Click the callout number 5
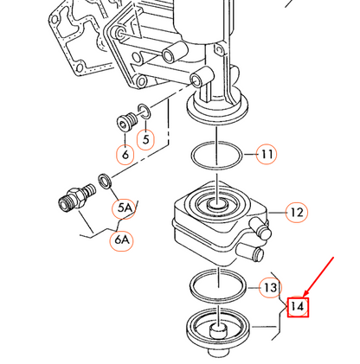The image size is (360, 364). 145,140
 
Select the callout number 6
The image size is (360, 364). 125,155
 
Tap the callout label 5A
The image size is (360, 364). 125,208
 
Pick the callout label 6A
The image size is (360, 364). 122,239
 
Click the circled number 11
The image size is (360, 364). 267,154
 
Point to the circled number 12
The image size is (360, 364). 297,213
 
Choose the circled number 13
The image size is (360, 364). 270,287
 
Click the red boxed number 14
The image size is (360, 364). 298,307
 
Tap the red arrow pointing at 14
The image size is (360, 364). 318,277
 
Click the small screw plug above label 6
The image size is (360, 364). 126,121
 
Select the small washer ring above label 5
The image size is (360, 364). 145,112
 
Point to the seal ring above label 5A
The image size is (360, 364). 106,182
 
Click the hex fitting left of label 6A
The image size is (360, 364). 77,198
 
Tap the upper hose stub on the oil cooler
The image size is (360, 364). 261,227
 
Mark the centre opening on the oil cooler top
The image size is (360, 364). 217,205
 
